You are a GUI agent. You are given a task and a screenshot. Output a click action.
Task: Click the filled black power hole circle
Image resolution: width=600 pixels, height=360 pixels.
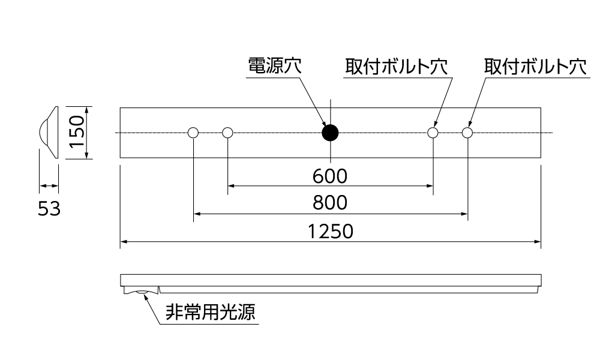point(330,133)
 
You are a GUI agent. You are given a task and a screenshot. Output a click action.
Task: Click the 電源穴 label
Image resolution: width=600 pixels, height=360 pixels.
point(275,67)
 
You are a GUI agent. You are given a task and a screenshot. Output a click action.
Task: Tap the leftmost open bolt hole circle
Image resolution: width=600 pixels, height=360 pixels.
point(193,133)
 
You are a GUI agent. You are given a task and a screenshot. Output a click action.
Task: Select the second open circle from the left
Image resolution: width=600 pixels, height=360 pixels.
point(227,133)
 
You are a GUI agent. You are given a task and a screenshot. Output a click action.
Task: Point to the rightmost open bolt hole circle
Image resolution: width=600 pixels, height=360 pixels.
point(467,133)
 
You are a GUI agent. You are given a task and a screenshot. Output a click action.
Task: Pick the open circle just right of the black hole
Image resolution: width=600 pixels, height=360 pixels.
point(433,133)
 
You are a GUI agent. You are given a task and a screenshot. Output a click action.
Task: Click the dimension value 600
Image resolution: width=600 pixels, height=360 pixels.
point(330,176)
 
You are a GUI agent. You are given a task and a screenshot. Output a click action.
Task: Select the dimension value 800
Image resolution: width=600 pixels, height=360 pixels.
point(330,203)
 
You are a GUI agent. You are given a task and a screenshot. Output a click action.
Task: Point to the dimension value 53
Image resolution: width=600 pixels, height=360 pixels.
point(49,209)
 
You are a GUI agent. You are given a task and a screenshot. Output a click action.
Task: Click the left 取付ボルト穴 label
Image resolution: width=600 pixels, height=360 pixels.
point(396,67)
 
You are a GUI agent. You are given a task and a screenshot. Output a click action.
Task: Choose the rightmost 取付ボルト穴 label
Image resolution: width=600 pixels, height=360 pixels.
point(536,67)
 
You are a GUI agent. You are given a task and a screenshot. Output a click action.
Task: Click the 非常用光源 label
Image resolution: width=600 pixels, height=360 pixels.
point(209,312)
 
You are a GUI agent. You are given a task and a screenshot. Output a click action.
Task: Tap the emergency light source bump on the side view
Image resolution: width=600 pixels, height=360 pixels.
point(143,292)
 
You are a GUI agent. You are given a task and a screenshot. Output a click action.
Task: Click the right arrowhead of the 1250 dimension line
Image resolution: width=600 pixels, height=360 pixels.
point(538,242)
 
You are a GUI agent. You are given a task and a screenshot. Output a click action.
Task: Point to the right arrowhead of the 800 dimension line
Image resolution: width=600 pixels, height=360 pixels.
point(464,213)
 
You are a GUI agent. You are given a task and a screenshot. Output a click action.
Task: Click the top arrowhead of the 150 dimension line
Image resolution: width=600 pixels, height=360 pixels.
point(87,110)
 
